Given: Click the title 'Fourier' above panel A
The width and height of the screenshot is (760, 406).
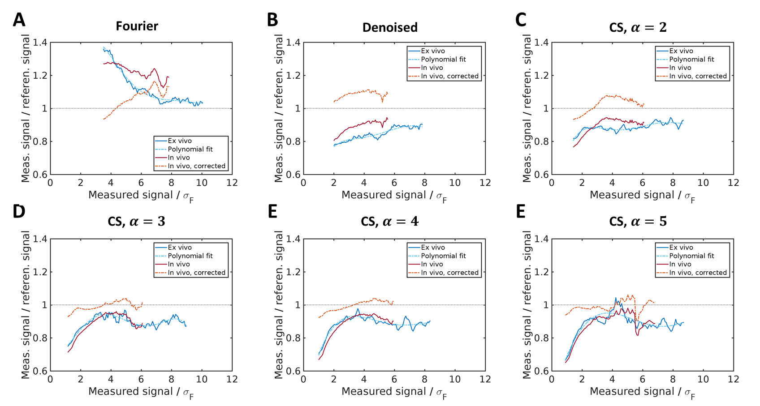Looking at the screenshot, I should click(x=137, y=26).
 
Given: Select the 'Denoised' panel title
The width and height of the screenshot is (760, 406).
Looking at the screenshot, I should click(x=390, y=28).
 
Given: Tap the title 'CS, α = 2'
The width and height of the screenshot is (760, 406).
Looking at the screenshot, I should click(x=638, y=28).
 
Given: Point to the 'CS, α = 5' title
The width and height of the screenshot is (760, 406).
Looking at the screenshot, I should click(x=638, y=222).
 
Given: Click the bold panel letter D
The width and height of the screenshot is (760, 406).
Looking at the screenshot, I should click(x=19, y=212).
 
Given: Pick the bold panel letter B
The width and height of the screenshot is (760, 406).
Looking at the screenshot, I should click(x=272, y=20).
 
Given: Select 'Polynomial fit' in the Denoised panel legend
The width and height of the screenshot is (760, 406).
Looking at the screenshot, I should click(x=443, y=60).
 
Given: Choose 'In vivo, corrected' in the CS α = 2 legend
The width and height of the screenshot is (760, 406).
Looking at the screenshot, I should click(x=698, y=77).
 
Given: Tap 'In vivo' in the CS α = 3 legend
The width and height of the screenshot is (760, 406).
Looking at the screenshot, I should click(x=179, y=265).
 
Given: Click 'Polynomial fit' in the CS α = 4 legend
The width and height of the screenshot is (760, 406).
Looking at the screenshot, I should click(x=443, y=256).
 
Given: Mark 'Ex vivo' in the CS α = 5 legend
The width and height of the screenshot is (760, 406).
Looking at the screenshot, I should click(x=681, y=248).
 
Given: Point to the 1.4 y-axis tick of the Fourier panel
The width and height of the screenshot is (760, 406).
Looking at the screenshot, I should click(x=40, y=43).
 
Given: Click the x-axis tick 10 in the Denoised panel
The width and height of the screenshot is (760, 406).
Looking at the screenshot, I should click(x=455, y=183).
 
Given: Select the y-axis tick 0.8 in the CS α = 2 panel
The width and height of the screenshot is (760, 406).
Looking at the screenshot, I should click(x=541, y=141).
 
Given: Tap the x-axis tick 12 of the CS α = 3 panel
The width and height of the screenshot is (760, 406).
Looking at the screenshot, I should click(x=232, y=379).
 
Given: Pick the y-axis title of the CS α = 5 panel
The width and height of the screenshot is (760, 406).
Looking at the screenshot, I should click(x=527, y=304).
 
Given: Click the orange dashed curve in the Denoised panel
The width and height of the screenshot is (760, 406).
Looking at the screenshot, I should click(x=358, y=92).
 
